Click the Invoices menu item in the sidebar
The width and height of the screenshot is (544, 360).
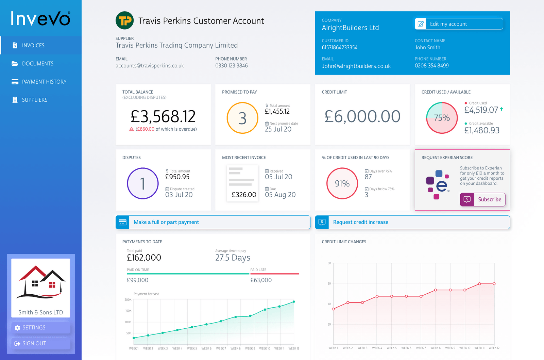pos(33,45)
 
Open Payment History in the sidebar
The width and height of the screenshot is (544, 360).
pos(44,82)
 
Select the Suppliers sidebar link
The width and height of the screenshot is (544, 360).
pos(34,100)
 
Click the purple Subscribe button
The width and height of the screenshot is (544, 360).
pos(482,199)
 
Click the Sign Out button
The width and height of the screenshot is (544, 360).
pos(40,343)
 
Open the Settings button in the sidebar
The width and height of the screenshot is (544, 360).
pos(40,327)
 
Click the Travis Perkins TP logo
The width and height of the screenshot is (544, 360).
pos(124,20)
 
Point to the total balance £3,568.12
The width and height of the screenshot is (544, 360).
pos(163,117)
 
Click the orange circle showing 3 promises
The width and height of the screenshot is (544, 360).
pos(242,118)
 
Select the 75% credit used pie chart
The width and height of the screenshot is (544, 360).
pos(442,118)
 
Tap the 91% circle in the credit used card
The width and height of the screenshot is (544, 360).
pos(342,183)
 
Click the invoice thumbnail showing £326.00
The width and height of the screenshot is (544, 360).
pos(242,183)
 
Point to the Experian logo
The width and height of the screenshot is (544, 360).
pos(438,185)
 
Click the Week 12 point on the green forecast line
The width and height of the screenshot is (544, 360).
pos(294,301)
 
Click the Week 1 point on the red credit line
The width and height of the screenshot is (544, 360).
pos(333,309)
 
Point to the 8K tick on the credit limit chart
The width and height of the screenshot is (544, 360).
pos(329,263)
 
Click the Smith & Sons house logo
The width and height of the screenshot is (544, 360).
pos(41,282)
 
